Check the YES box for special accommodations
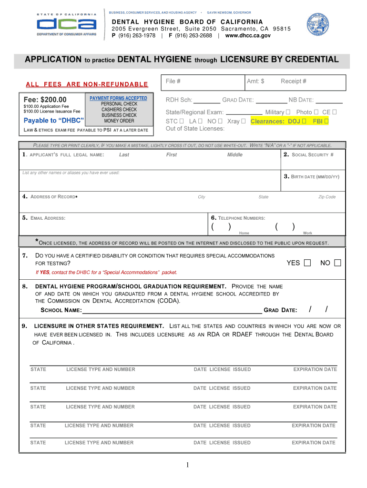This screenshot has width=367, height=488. tap(307, 263)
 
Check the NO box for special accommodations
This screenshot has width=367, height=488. tap(337, 263)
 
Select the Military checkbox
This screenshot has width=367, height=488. tap(288, 112)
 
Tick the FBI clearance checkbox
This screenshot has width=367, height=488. tap(326, 121)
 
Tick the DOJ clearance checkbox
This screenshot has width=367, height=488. tap(304, 121)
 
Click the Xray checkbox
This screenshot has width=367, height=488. tap(244, 121)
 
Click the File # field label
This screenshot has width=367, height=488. tap(173, 81)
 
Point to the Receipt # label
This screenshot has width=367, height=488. tap(294, 81)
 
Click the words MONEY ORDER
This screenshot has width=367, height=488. tap(119, 121)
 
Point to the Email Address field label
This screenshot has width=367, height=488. tap(47, 218)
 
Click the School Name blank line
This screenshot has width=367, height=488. tap(172, 311)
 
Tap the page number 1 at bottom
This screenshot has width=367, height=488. tap(189, 465)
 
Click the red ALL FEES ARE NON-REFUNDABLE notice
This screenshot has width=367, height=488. tap(87, 85)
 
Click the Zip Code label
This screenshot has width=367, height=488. tap(327, 197)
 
